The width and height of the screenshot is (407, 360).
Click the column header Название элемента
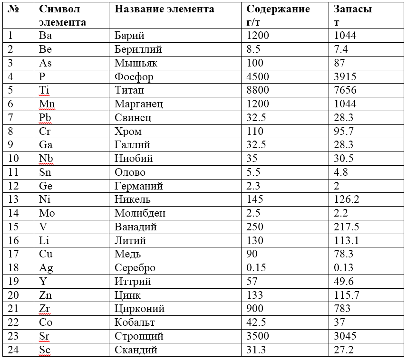[165, 9]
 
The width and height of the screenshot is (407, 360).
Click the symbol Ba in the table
[46, 36]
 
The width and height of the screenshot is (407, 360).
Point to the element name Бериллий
[138, 49]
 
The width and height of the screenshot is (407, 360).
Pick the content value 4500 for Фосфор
[258, 77]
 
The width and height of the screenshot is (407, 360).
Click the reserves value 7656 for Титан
[345, 90]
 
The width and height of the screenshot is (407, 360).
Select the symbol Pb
[46, 118]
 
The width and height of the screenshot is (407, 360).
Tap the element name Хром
[128, 132]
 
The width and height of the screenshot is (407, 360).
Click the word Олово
[130, 172]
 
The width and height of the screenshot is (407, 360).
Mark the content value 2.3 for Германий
[253, 186]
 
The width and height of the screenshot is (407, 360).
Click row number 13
[14, 200]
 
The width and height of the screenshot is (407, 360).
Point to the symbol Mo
[47, 213]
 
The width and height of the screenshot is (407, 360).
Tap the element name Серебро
[135, 268]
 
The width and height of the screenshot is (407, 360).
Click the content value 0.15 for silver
[256, 268]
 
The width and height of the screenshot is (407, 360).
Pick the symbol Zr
[45, 309]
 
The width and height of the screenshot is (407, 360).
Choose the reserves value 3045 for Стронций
[345, 336]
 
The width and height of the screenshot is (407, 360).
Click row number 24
[14, 351]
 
